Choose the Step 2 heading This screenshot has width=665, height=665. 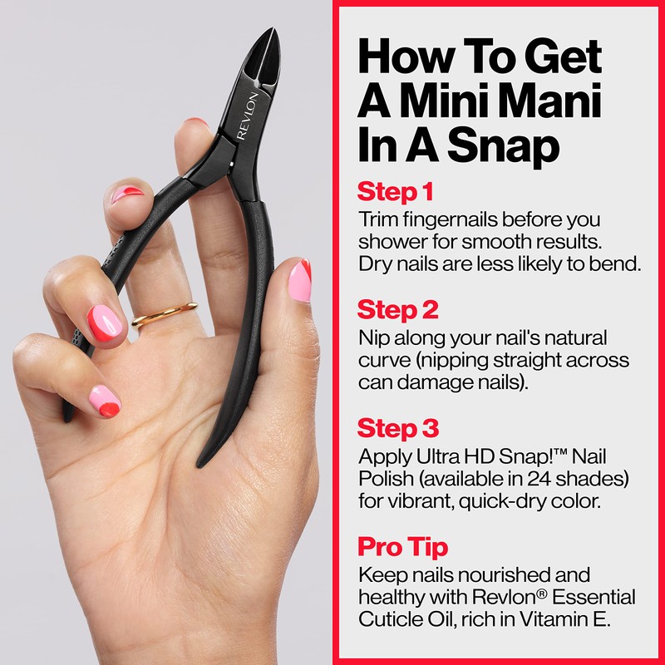(x=398, y=310)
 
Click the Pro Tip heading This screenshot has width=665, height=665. (x=403, y=547)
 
